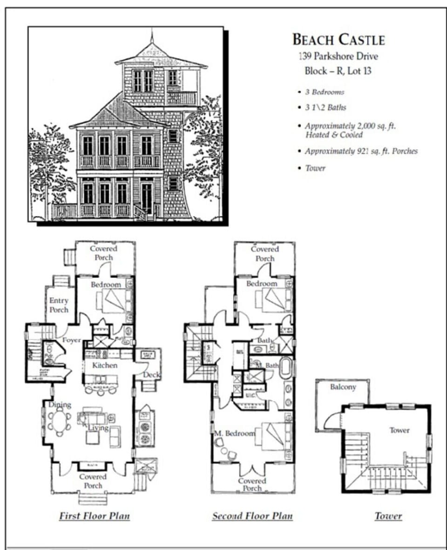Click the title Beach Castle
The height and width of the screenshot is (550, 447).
pyautogui.click(x=339, y=40)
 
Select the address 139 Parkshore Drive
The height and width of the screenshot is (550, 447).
pyautogui.click(x=338, y=56)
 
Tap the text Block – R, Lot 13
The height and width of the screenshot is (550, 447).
pyautogui.click(x=338, y=71)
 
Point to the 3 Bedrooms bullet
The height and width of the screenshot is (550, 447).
pyautogui.click(x=325, y=92)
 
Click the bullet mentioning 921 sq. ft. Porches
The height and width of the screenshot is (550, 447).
pyautogui.click(x=361, y=151)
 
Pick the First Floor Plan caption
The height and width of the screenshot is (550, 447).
pyautogui.click(x=94, y=516)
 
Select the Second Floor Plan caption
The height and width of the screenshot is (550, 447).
pyautogui.click(x=252, y=516)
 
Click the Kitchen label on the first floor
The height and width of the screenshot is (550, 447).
pyautogui.click(x=104, y=365)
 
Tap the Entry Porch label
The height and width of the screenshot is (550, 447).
pyautogui.click(x=59, y=305)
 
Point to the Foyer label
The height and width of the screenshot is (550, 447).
pyautogui.click(x=71, y=340)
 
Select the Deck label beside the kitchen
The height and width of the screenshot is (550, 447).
pyautogui.click(x=152, y=374)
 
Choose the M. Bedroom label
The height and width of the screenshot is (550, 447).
pyautogui.click(x=235, y=433)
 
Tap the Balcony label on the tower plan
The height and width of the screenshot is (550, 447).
pyautogui.click(x=343, y=387)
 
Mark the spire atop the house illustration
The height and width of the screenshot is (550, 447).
pyautogui.click(x=152, y=36)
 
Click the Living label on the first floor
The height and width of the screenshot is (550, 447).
pyautogui.click(x=98, y=427)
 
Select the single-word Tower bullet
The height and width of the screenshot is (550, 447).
pyautogui.click(x=315, y=168)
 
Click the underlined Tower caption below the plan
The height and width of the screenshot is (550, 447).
pyautogui.click(x=388, y=516)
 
